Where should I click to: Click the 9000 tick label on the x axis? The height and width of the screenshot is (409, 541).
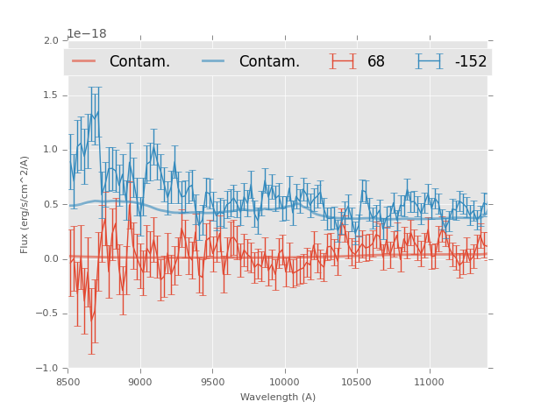pyautogui.click(x=140, y=381)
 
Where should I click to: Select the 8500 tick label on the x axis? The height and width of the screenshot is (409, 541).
pyautogui.click(x=68, y=381)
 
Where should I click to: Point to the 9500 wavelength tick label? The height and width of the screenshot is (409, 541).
pyautogui.click(x=212, y=381)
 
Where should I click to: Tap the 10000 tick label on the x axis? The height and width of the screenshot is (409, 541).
pyautogui.click(x=284, y=381)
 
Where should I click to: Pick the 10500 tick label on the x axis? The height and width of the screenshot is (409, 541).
pyautogui.click(x=357, y=381)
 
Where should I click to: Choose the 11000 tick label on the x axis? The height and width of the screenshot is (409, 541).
pyautogui.click(x=429, y=381)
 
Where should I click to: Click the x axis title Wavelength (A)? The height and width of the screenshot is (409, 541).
pyautogui.click(x=278, y=398)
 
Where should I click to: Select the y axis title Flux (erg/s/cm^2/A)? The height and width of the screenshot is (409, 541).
pyautogui.click(x=25, y=204)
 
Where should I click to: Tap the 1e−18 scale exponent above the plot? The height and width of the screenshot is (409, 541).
pyautogui.click(x=87, y=34)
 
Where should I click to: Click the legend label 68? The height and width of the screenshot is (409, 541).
pyautogui.click(x=376, y=62)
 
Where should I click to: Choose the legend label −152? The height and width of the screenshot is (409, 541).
pyautogui.click(x=470, y=62)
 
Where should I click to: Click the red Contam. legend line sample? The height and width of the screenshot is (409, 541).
pyautogui.click(x=83, y=61)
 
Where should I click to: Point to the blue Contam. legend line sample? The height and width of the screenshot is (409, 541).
pyautogui.click(x=213, y=61)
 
